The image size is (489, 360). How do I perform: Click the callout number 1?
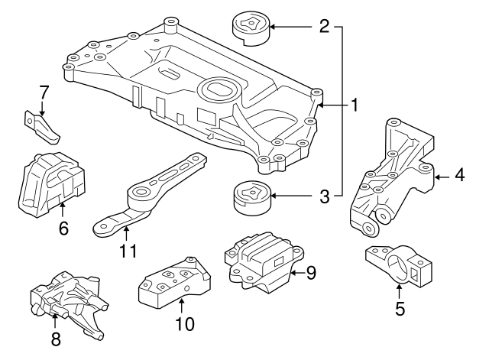click(x=354, y=105)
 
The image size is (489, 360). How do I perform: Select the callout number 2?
click(x=324, y=27)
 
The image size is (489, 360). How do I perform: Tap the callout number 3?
click(x=324, y=197)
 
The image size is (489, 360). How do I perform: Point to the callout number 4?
click(x=458, y=176)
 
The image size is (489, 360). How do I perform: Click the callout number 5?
click(x=400, y=310)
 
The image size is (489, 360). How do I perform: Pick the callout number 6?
click(x=63, y=227)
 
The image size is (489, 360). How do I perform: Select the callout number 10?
click(x=183, y=323)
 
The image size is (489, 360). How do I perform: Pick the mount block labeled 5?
click(x=397, y=267)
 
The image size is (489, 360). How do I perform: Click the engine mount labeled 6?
click(x=50, y=184)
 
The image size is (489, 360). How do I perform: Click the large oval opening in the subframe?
click(x=219, y=90)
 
